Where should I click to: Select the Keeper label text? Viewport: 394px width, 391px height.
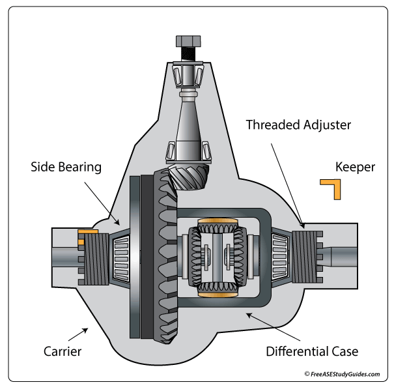click(x=355, y=167)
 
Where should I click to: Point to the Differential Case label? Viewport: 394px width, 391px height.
click(x=312, y=352)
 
